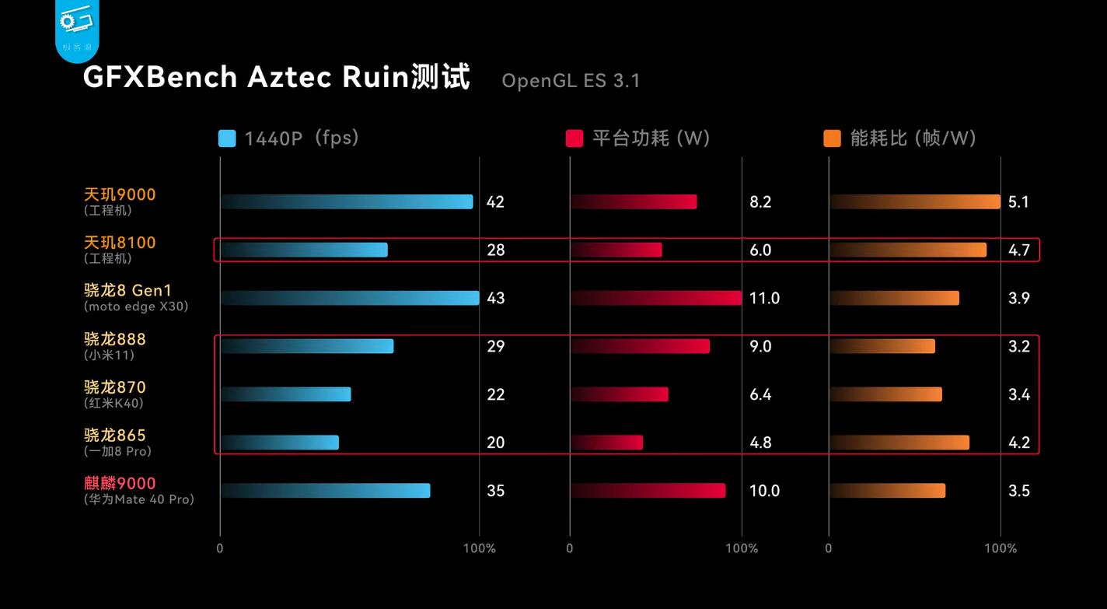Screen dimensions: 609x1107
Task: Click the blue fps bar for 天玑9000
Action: (346, 202)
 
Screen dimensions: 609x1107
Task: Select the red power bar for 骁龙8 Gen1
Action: (655, 298)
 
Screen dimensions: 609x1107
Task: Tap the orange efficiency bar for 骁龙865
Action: (899, 443)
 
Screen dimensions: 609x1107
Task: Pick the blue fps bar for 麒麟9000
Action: (325, 491)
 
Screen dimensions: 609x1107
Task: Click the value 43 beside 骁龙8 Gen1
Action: (495, 299)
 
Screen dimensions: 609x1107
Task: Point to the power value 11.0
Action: (764, 299)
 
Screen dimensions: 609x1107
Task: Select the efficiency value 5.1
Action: (1018, 202)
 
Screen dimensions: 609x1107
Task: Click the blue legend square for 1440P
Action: (227, 139)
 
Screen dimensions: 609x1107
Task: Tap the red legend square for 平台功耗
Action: (574, 139)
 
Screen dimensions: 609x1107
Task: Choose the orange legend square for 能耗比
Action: (832, 139)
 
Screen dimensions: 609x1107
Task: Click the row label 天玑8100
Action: (120, 243)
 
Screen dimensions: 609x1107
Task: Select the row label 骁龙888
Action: (115, 339)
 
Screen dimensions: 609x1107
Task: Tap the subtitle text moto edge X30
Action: (136, 306)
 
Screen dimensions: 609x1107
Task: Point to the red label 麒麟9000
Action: (120, 483)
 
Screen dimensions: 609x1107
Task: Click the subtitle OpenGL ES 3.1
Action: (571, 81)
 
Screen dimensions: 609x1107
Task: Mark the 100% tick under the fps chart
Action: (479, 548)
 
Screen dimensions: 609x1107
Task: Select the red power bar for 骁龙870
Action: (619, 394)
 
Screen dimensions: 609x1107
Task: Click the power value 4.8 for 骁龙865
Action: (760, 443)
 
